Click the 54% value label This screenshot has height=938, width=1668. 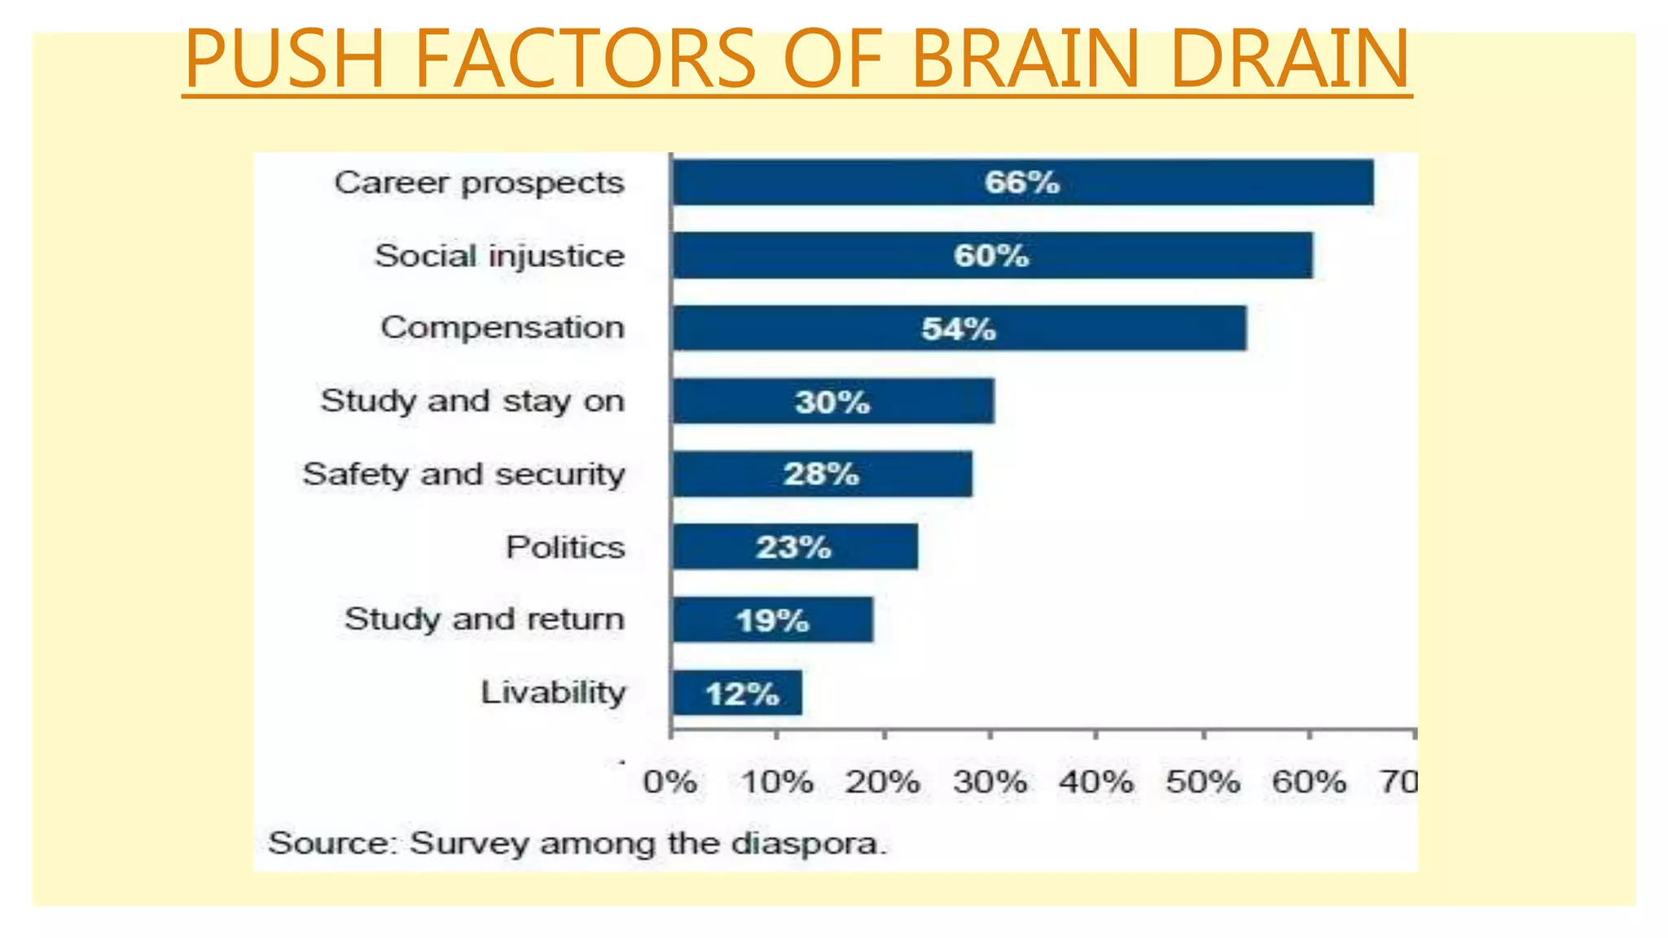coord(959,329)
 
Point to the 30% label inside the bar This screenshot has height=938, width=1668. coord(832,402)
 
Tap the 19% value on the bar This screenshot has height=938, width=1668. coord(772,620)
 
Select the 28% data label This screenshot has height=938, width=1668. coord(821,474)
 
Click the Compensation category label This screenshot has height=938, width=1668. coord(503,327)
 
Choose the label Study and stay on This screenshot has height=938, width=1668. coord(472,401)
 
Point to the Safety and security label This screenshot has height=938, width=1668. coord(463,474)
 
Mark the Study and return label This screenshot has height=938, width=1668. coord(484,620)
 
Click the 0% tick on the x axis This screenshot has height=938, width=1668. coord(669,782)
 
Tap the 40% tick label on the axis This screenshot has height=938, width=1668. coord(1095,782)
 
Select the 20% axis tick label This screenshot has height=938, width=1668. coord(882,782)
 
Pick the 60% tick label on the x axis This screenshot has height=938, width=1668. coord(1309,782)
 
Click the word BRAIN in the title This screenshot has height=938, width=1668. coord(1025,59)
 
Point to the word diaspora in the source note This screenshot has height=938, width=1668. coord(806,843)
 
